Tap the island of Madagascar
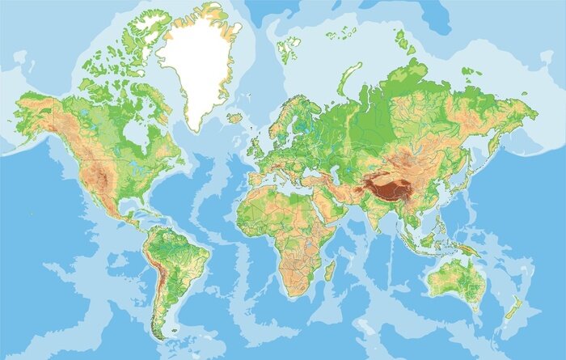point(328,269)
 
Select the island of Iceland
point(235,118)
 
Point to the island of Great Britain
point(258,145)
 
